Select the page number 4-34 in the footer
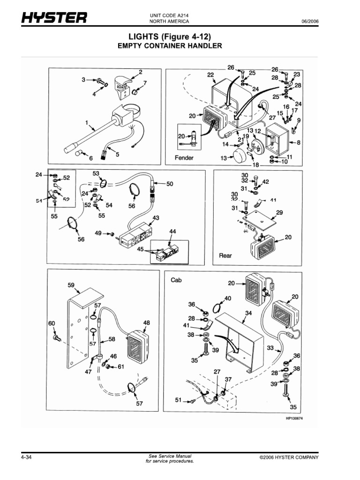pos(27,457)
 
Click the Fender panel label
pos(184,158)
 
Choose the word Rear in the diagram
pos(225,256)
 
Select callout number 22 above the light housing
pos(210,75)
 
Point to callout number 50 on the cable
pos(169,184)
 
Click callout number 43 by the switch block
pos(156,217)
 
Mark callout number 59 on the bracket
pos(71,285)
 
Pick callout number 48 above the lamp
pos(147,322)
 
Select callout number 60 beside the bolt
pos(52,323)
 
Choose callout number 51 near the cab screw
pos(178,400)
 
